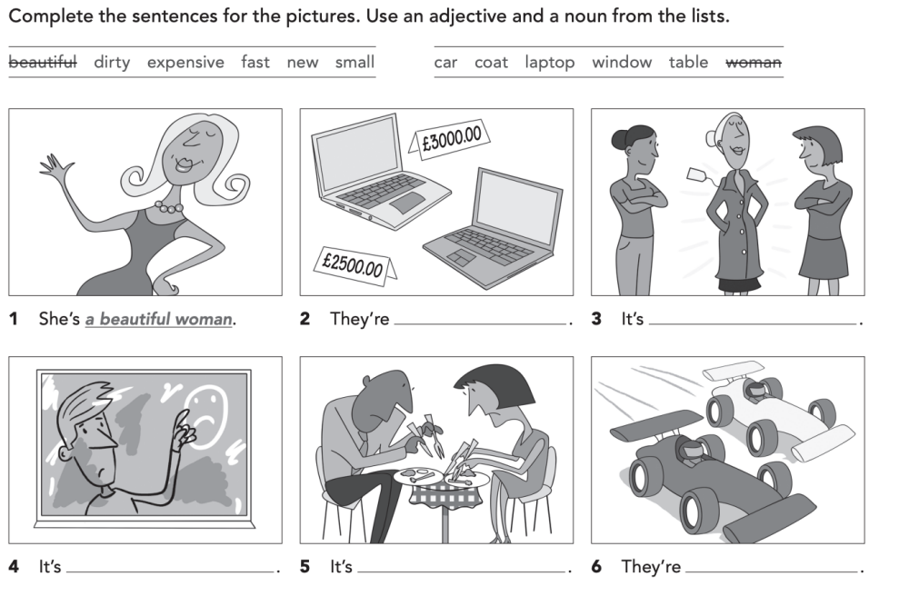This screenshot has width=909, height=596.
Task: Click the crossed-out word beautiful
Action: pos(43,62)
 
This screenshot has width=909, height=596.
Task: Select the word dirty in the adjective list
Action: pos(112,62)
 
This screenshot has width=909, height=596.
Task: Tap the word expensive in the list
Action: pos(185,62)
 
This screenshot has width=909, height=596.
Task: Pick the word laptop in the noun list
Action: pos(549,62)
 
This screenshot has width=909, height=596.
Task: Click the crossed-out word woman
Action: pos(754,62)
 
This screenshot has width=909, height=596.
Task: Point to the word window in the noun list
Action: pos(621,62)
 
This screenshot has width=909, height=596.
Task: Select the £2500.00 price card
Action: pos(352,264)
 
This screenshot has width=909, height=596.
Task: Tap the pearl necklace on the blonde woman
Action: pos(168,206)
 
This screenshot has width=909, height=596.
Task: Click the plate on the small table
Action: pos(417,475)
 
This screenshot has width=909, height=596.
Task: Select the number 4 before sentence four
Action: pos(14,566)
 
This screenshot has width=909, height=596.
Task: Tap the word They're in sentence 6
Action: pos(650,566)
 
